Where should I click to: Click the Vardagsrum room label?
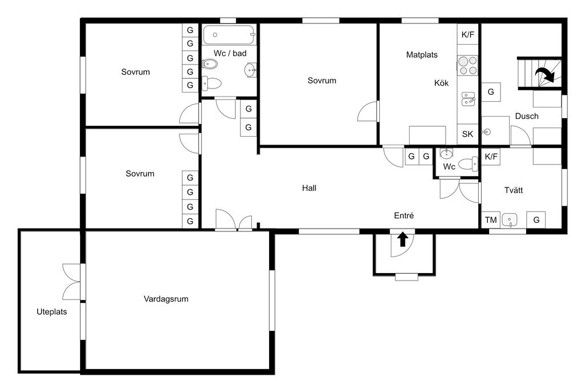[x=166, y=299]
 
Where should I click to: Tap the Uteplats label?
[x=52, y=312]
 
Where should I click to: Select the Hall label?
[x=309, y=188]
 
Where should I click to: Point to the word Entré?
[x=404, y=215]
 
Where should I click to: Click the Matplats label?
[x=422, y=55]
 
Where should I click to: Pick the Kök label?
[x=442, y=83]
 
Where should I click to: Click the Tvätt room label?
[x=514, y=190]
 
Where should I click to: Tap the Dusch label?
[x=527, y=116]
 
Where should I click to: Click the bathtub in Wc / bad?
[x=230, y=35]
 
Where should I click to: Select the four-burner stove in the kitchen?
[x=468, y=65]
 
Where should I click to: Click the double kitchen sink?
[x=468, y=99]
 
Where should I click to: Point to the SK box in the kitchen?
[x=468, y=134]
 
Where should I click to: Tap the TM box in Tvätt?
[x=491, y=220]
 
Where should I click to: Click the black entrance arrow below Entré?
[x=402, y=239]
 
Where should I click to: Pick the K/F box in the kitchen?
[x=468, y=35]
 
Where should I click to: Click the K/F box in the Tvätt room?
[x=491, y=157]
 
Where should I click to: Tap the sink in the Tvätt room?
[x=510, y=220]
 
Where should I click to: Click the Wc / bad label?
[x=230, y=53]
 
